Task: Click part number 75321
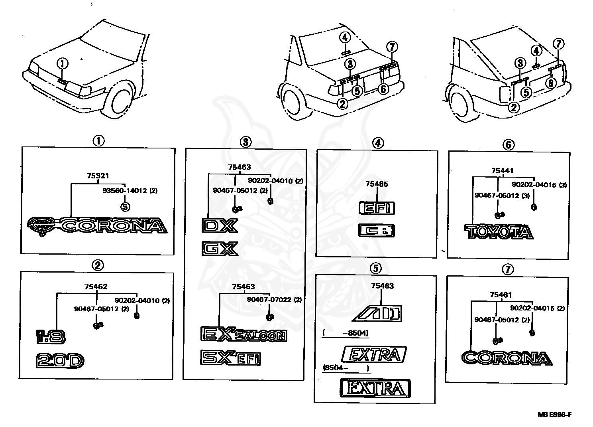tap(98, 176)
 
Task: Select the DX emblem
tap(220, 225)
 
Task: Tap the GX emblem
tap(220, 249)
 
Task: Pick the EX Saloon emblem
tap(244, 334)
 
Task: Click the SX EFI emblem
tap(231, 358)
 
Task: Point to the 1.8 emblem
tap(51, 337)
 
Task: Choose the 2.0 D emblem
tap(60, 361)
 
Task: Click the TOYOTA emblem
tap(499, 231)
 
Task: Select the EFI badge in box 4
tap(377, 208)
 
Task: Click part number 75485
tap(377, 184)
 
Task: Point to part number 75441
tap(503, 171)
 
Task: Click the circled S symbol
tap(125, 207)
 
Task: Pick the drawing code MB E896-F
tap(555, 414)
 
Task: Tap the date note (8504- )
tap(346, 368)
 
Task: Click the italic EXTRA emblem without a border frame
tap(374, 354)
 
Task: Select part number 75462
tap(96, 287)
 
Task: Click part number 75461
tap(501, 295)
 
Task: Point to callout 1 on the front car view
tap(63, 63)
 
